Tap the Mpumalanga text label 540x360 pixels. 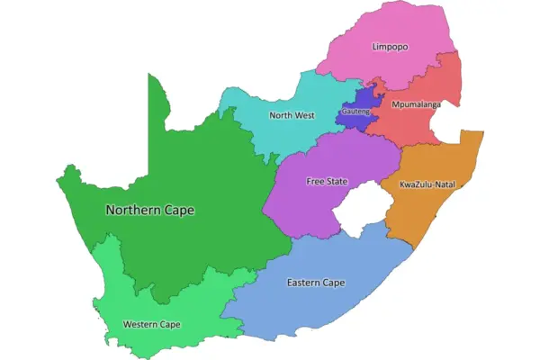coord(416,105)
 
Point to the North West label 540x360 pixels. coord(292,115)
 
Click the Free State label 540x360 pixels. coord(326,181)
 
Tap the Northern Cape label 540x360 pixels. coord(149,210)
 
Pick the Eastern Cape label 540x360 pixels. coord(316,283)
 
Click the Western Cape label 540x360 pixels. coord(152,324)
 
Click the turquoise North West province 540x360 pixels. coord(270,135)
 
